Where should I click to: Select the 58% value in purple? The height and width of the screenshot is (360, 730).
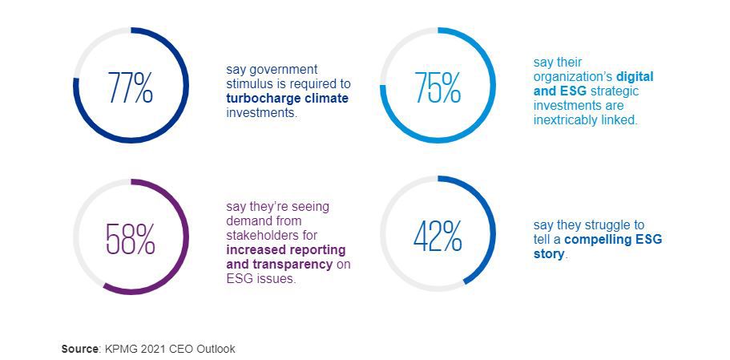point(131,238)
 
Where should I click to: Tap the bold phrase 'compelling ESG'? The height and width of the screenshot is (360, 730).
point(613,240)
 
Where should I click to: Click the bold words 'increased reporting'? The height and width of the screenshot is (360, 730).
point(286,250)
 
